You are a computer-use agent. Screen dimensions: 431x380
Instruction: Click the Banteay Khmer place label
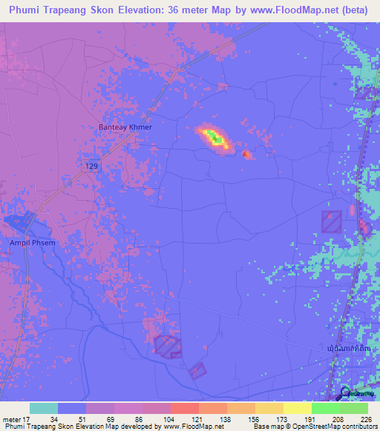pos(125,127)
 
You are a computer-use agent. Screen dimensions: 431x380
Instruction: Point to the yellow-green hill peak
pos(215,138)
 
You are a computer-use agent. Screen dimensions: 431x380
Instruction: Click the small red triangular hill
pos(246,154)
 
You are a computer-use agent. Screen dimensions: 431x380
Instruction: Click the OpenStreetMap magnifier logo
pos(346,394)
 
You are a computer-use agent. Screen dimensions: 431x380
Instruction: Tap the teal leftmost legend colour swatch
pos(44,408)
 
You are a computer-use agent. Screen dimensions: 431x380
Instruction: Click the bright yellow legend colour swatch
pos(297,408)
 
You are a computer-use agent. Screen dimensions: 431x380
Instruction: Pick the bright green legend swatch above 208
pos(325,408)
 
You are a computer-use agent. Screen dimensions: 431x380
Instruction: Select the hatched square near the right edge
pos(331,221)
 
